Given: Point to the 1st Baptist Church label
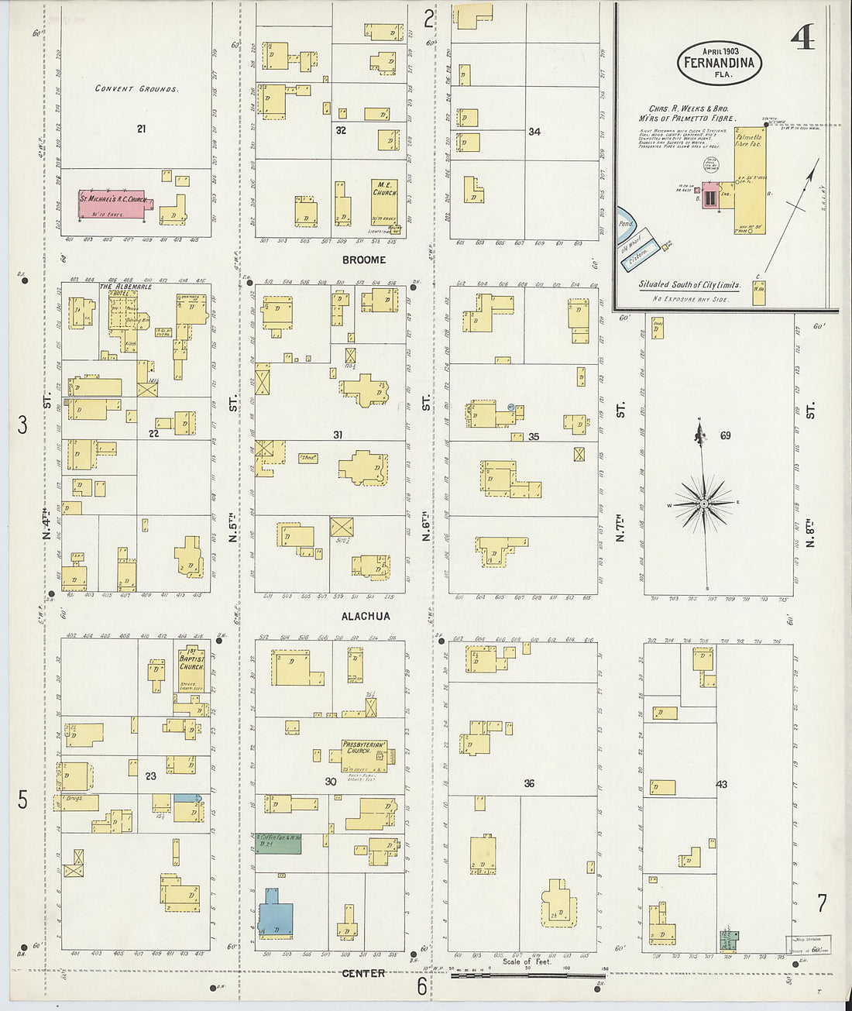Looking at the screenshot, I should [191, 659].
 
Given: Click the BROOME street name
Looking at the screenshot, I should [363, 260].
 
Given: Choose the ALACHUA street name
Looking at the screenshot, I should [366, 617].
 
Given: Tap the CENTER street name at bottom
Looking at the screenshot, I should [363, 973].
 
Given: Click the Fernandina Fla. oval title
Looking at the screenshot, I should [719, 62].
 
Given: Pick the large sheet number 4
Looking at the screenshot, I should [803, 35].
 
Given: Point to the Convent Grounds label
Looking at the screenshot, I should [136, 89].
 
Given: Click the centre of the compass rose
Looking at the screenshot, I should [703, 504].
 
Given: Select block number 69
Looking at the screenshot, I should [725, 435].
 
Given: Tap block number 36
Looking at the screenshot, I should [529, 783].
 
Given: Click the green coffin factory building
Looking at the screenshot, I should [278, 843].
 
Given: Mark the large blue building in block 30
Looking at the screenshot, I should [275, 912].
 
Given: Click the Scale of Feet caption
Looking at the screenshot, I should [527, 961].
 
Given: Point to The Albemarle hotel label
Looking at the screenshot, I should [125, 287].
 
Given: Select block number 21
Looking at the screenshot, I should [141, 129].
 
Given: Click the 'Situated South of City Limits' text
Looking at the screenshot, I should [689, 284].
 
